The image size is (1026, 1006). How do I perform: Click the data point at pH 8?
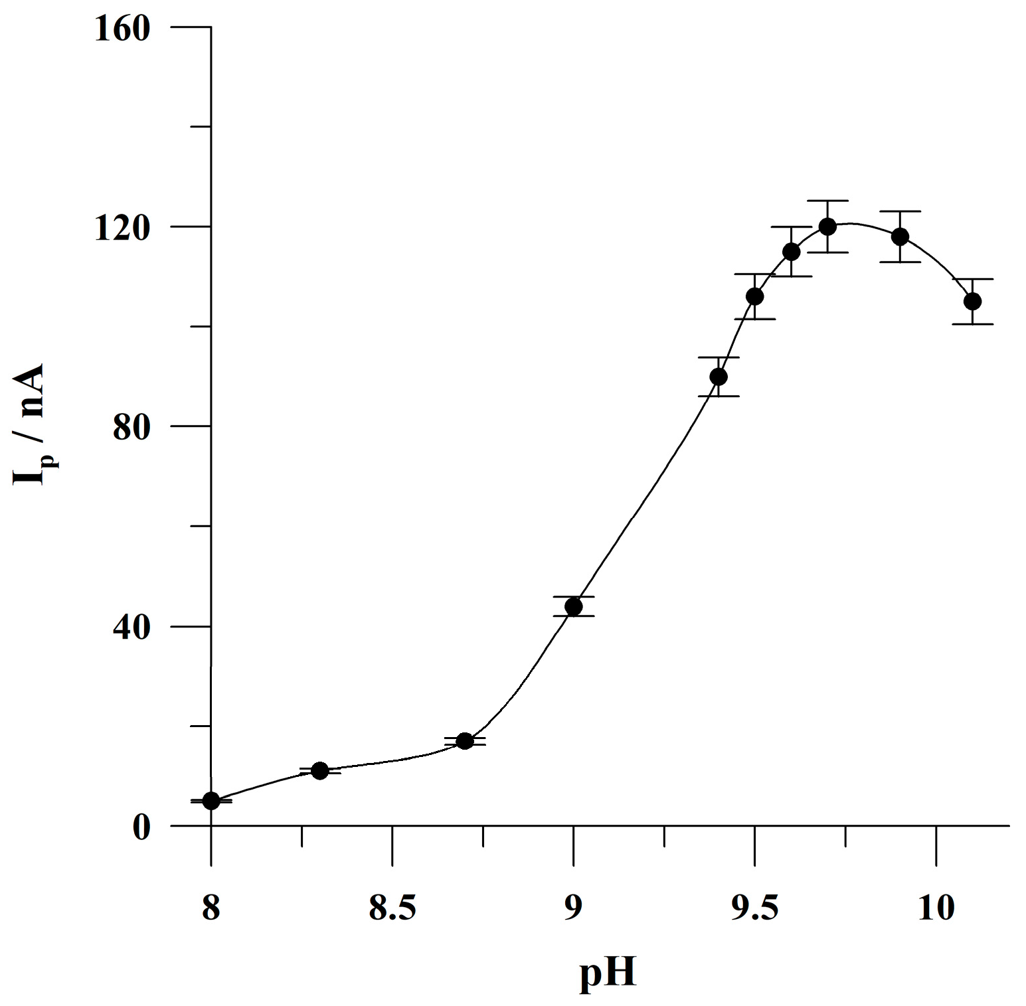click(x=211, y=801)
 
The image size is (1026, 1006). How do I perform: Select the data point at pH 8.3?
click(x=320, y=771)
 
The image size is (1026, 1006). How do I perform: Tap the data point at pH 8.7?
click(x=465, y=740)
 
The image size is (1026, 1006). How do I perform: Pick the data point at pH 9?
click(x=574, y=606)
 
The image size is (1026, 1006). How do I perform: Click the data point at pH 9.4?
click(x=719, y=377)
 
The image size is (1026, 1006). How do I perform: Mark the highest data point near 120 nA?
click(x=827, y=226)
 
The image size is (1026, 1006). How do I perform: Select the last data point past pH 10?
click(x=973, y=301)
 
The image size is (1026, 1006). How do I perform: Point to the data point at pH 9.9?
click(x=900, y=236)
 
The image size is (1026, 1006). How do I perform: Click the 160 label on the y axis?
click(x=123, y=29)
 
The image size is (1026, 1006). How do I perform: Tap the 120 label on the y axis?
click(x=123, y=228)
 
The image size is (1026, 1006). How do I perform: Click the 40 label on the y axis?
click(x=131, y=628)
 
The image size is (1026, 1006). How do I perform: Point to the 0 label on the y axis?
click(x=141, y=827)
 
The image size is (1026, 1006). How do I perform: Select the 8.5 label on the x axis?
click(x=392, y=908)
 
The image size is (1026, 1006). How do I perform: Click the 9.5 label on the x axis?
click(x=755, y=908)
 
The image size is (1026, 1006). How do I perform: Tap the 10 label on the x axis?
click(x=936, y=908)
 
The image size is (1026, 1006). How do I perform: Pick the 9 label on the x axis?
click(x=574, y=908)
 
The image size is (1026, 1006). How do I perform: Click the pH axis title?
click(x=608, y=973)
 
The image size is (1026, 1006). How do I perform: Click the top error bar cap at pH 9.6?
click(x=792, y=226)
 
